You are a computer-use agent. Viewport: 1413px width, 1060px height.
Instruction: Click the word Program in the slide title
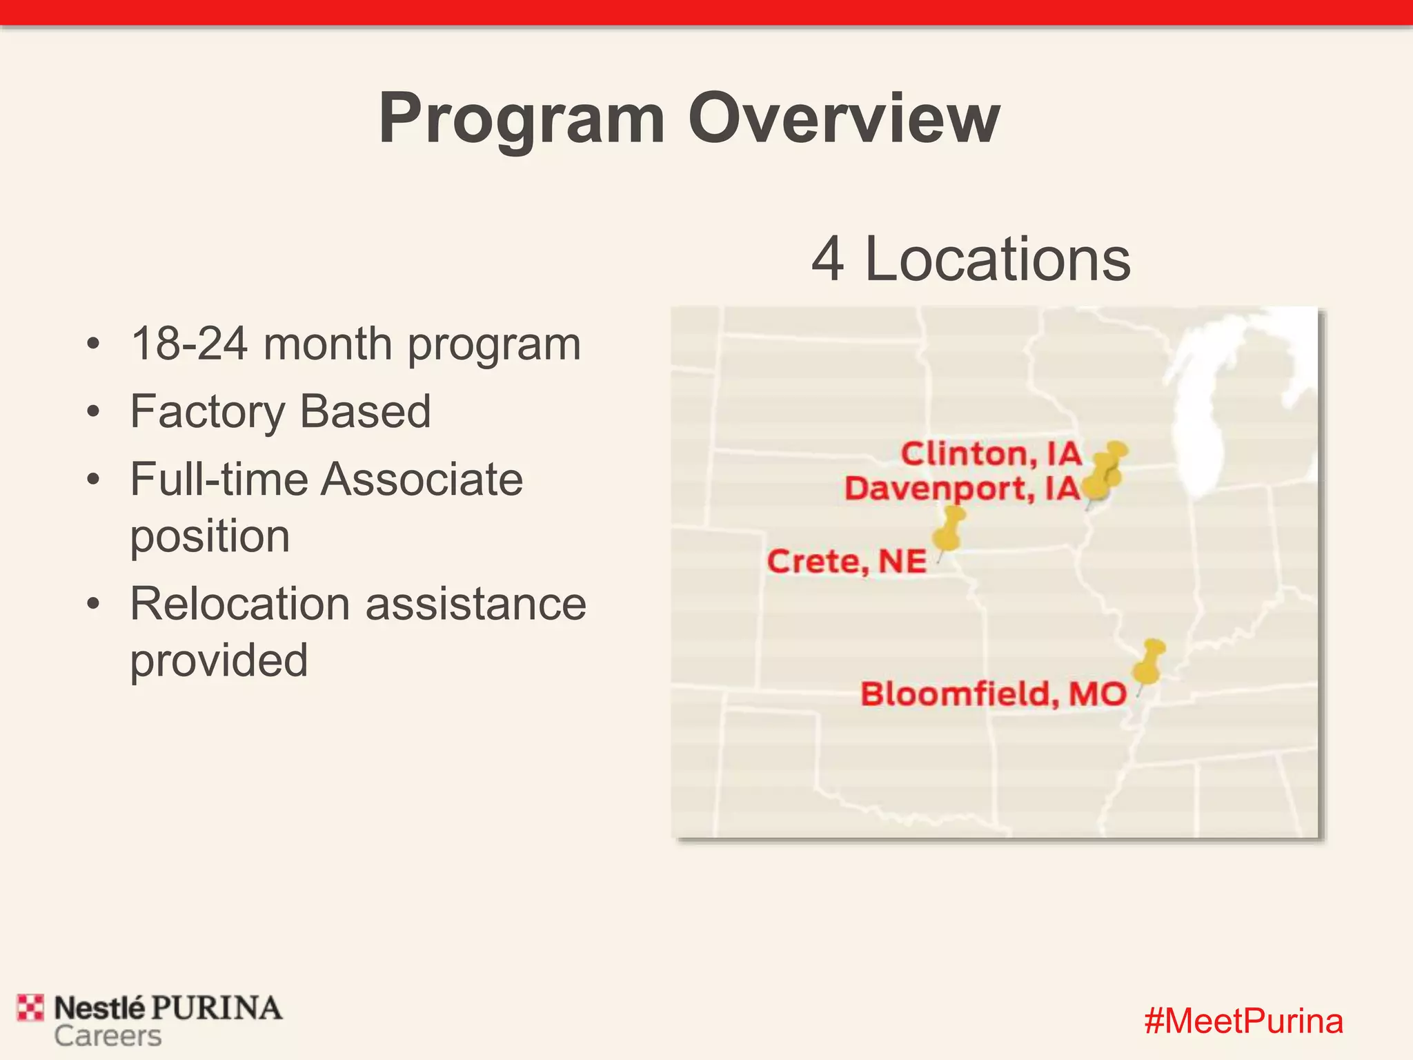click(x=522, y=120)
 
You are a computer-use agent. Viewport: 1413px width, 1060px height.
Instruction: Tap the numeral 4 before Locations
click(x=827, y=259)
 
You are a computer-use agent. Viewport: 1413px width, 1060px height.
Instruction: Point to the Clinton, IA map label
click(x=991, y=454)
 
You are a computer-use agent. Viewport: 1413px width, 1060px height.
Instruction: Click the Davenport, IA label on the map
click(x=962, y=489)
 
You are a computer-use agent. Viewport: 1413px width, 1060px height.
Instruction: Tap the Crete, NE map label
click(x=847, y=561)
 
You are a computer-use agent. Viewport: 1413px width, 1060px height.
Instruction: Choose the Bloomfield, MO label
click(x=993, y=694)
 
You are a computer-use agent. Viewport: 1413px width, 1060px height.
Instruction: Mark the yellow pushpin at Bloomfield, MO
click(x=1148, y=662)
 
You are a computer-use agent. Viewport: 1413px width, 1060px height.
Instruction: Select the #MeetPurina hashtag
click(x=1243, y=1021)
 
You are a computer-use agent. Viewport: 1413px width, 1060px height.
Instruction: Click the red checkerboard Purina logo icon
click(x=30, y=1008)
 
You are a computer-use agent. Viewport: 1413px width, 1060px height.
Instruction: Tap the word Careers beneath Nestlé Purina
click(x=108, y=1037)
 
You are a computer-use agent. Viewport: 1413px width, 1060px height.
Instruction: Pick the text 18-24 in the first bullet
click(x=189, y=344)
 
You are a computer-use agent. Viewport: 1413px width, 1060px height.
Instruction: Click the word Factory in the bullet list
click(x=207, y=412)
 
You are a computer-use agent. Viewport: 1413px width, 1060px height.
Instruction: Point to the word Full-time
click(x=217, y=480)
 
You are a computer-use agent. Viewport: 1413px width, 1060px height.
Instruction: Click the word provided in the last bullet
click(x=219, y=660)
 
